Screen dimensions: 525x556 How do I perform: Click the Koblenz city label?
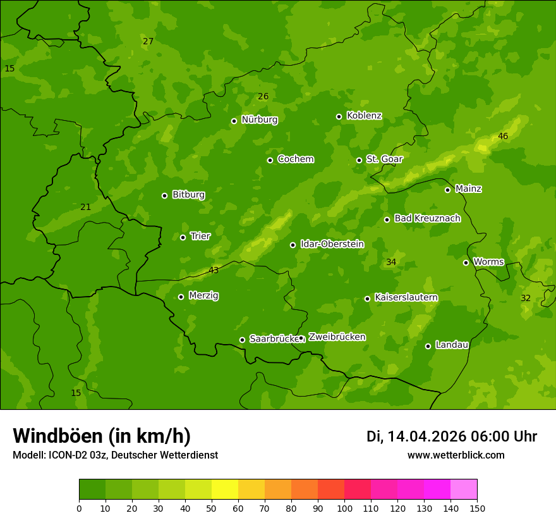[x=364, y=116]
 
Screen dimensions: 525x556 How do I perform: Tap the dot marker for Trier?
[x=183, y=237]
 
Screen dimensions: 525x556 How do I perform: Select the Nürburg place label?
[x=259, y=120]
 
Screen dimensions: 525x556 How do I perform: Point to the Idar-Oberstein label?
[x=332, y=244]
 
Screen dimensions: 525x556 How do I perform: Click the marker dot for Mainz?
[x=447, y=190]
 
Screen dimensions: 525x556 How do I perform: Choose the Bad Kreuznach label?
[x=427, y=218]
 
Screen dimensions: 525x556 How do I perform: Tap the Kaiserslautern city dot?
[x=367, y=299]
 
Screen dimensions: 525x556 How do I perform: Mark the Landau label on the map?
[x=452, y=345]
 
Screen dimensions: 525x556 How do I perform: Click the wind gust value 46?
[x=503, y=136]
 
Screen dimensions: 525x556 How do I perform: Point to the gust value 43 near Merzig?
[x=214, y=270]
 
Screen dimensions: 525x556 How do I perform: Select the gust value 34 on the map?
[x=391, y=262]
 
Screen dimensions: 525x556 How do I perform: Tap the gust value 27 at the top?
[x=148, y=41]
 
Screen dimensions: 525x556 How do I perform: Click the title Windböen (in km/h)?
[x=102, y=436]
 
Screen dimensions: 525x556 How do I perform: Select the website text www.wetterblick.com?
[x=456, y=455]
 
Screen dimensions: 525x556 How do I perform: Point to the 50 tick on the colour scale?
[x=212, y=507]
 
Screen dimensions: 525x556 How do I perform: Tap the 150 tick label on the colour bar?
[x=477, y=507]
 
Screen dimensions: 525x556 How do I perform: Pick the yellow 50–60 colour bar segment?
[x=225, y=490]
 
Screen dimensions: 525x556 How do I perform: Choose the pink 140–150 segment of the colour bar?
[x=464, y=490]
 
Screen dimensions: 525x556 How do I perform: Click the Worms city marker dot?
[x=466, y=262]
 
